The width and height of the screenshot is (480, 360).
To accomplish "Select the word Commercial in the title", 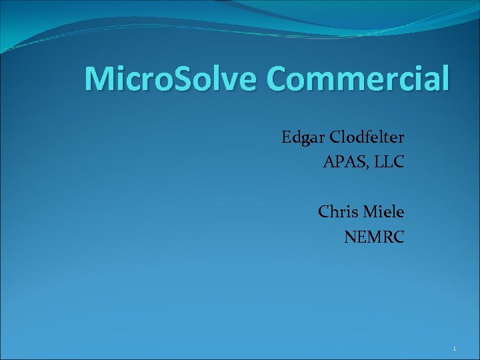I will [358, 79].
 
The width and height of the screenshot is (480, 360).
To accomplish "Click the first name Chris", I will [338, 212].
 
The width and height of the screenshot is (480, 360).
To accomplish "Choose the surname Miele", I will [383, 212].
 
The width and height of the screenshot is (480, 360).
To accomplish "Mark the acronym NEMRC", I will [374, 236].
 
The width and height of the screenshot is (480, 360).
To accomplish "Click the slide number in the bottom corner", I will [454, 349].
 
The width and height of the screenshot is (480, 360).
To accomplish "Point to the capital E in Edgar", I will [287, 138].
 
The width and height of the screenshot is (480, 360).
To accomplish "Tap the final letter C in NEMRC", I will [398, 236].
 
